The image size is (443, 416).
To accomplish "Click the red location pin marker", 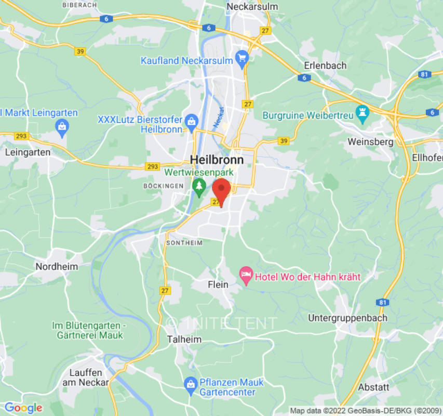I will click(x=222, y=190).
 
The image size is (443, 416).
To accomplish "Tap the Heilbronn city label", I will click(x=217, y=160).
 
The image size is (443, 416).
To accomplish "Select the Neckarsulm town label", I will click(x=252, y=7).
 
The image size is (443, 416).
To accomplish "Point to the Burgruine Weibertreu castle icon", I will click(x=362, y=115).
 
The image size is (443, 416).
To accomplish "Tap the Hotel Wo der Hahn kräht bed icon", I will click(x=246, y=276).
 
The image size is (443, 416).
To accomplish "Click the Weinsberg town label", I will click(x=370, y=141).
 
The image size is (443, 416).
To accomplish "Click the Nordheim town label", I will click(x=56, y=266).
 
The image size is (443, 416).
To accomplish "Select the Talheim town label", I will click(x=184, y=339).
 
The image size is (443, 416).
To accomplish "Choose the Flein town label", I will click(x=218, y=284).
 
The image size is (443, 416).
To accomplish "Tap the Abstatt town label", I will click(x=373, y=387).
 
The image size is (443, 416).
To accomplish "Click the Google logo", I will click(x=23, y=408).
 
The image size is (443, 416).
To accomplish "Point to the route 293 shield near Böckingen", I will click(x=152, y=166).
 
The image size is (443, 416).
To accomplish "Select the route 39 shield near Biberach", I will click(x=80, y=51).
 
